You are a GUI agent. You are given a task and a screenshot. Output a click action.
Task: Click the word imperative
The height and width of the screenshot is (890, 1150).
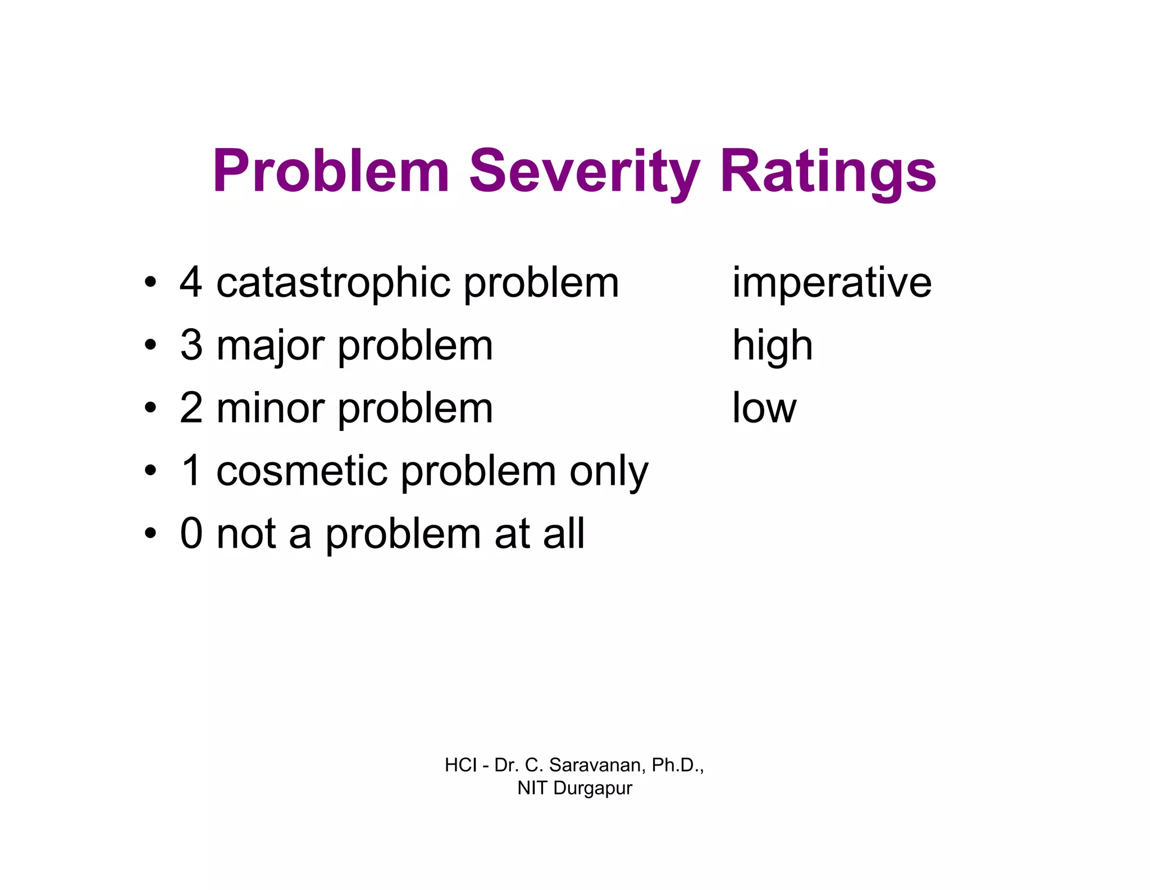coord(832,283)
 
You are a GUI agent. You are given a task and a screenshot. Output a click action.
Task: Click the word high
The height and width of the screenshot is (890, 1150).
coord(772,346)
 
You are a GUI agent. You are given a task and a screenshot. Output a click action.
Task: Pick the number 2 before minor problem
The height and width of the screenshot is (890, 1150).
coord(191,407)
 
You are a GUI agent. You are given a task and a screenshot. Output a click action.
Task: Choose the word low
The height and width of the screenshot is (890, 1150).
coord(764,407)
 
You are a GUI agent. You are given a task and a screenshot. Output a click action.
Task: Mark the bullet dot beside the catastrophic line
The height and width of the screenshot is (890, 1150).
coord(149,282)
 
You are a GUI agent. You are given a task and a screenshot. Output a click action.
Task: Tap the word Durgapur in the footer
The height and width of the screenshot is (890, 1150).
coord(592,788)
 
